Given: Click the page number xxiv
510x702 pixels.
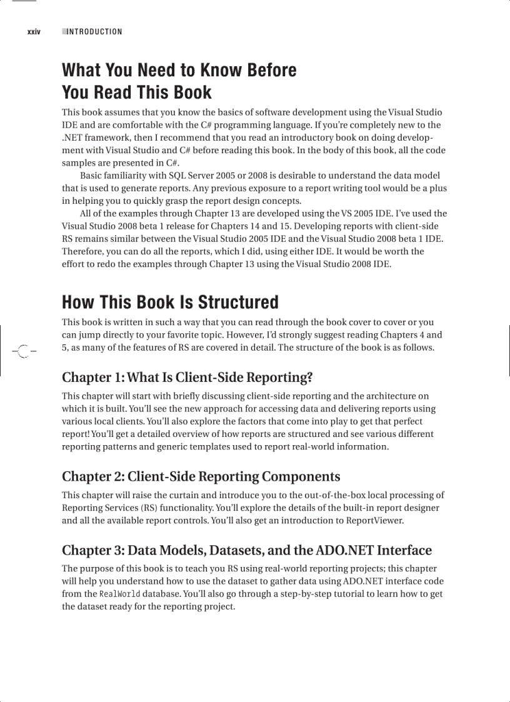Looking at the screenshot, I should pos(34,32).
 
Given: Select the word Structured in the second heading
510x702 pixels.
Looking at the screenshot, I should pos(238,303).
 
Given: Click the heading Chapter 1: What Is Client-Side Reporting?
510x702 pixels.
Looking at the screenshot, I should pos(187,378).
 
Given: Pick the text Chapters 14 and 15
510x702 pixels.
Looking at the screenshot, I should pos(254,226).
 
